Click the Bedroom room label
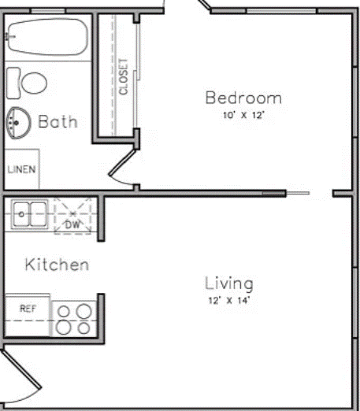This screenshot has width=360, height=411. pyautogui.click(x=243, y=98)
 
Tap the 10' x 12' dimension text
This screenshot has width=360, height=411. pyautogui.click(x=243, y=116)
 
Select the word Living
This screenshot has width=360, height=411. pyautogui.click(x=229, y=283)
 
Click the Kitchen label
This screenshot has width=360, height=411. pyautogui.click(x=57, y=265)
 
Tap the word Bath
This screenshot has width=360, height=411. pyautogui.click(x=58, y=122)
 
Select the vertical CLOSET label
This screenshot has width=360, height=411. pyautogui.click(x=124, y=77)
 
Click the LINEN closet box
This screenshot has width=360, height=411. pyautogui.click(x=21, y=169)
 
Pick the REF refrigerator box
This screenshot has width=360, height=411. pyautogui.click(x=28, y=309)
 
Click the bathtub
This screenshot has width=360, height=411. pyautogui.click(x=46, y=36)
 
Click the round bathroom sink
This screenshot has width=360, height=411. pyautogui.click(x=17, y=122)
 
